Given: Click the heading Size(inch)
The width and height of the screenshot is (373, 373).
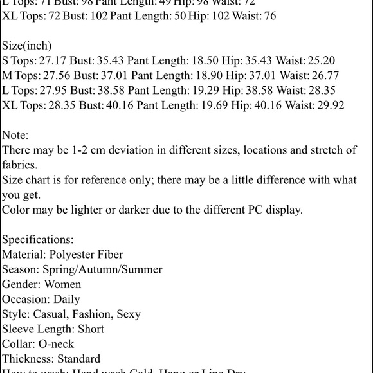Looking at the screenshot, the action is coord(27,46).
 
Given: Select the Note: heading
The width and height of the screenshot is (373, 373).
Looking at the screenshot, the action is coord(15,135).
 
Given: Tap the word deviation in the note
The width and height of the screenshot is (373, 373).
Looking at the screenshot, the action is coord(150,150).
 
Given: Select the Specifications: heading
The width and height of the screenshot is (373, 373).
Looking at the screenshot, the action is coord(38,239).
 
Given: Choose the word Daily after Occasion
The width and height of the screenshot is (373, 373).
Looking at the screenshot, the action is coord(67,299).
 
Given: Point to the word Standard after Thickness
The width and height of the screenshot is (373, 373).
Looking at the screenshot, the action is coord(78,359).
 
